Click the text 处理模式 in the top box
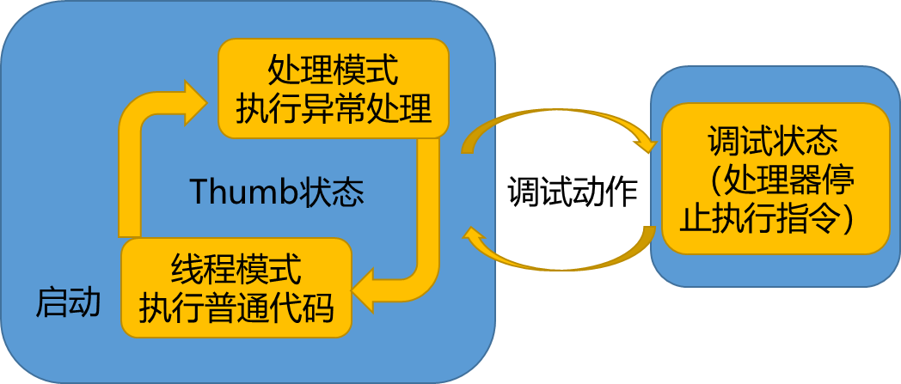click(x=333, y=68)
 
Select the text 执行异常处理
click(x=333, y=109)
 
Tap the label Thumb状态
click(x=276, y=192)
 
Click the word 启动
click(x=68, y=302)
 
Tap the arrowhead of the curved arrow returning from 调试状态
click(x=474, y=237)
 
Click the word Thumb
click(x=242, y=192)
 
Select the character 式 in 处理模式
click(x=383, y=68)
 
